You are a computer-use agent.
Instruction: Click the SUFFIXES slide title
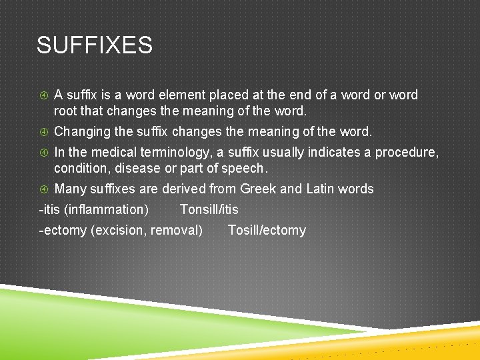click(x=95, y=45)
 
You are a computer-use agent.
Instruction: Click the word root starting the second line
click(x=66, y=111)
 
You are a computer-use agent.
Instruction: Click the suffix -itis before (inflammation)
click(x=49, y=209)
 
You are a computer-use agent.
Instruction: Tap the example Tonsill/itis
click(x=209, y=209)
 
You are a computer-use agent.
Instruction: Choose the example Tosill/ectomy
click(x=267, y=231)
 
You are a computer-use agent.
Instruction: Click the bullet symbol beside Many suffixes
click(x=43, y=189)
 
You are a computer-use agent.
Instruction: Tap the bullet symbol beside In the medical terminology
click(x=43, y=153)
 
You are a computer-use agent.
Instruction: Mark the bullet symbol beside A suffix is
click(x=43, y=95)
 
